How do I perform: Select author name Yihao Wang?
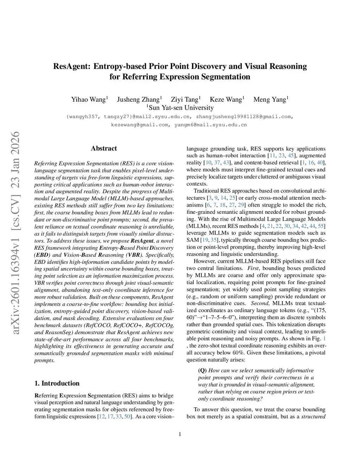point(88,100)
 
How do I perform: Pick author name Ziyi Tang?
point(185,100)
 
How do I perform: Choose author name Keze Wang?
point(226,100)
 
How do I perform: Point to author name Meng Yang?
point(270,100)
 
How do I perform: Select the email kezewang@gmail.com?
point(140,125)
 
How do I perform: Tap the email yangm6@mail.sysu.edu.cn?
point(211,125)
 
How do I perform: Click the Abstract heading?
point(104,148)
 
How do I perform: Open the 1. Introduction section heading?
point(57,383)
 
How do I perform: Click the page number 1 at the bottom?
point(180,434)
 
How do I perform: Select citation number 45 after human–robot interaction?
point(291,156)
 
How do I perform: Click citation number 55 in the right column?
point(321,226)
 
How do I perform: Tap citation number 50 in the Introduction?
point(127,417)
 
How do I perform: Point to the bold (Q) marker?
point(202,371)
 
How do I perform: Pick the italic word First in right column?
point(253,268)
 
